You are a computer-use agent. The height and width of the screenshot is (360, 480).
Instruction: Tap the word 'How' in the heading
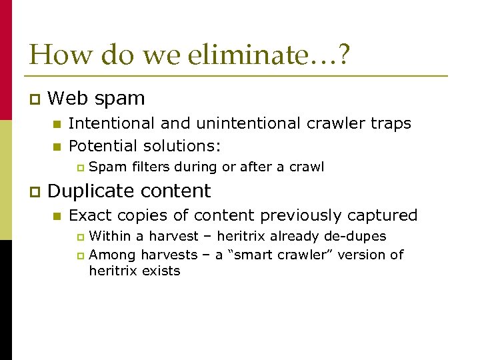(55, 54)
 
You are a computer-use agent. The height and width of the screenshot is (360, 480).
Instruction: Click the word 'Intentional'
(107, 123)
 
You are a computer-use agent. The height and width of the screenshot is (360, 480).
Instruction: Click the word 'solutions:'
(187, 146)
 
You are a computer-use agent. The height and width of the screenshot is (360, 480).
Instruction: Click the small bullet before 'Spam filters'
(79, 168)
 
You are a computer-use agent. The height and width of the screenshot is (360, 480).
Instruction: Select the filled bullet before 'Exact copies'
(57, 216)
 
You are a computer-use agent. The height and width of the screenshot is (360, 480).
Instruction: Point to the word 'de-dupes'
(359, 236)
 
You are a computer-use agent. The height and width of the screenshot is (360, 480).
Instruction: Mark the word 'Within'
(108, 236)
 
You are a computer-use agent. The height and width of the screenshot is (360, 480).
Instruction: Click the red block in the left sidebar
(5, 60)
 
